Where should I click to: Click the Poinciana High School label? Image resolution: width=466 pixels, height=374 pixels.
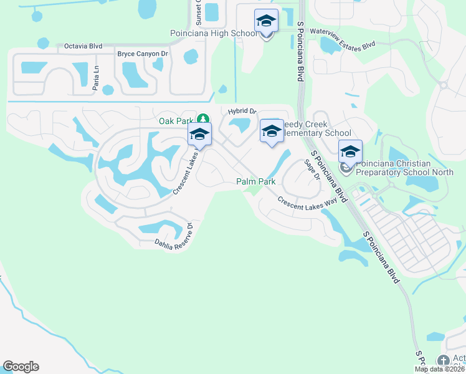(213, 33)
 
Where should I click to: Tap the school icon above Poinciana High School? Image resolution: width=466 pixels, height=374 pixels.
(266, 21)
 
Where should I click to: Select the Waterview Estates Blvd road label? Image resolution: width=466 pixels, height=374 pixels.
(343, 38)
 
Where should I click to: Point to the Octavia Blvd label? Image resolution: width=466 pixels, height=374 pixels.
(83, 46)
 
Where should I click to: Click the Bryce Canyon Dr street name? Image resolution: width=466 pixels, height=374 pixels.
(143, 54)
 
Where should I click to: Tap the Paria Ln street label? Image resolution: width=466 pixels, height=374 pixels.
(96, 78)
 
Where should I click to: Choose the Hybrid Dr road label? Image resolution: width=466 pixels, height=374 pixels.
(242, 111)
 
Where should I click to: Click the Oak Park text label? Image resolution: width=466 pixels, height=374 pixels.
(176, 120)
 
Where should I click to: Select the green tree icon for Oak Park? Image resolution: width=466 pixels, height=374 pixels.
(202, 119)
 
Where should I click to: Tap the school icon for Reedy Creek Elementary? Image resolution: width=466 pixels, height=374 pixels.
(272, 131)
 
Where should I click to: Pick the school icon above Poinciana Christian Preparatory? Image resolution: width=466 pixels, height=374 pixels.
(350, 151)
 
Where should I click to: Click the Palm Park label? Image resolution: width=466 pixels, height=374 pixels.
(255, 181)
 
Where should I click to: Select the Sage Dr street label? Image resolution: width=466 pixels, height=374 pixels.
(311, 170)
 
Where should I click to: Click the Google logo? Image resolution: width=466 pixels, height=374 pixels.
(21, 367)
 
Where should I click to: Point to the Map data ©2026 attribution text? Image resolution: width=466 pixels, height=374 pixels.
(440, 369)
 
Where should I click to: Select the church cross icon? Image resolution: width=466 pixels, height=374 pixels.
(443, 360)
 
